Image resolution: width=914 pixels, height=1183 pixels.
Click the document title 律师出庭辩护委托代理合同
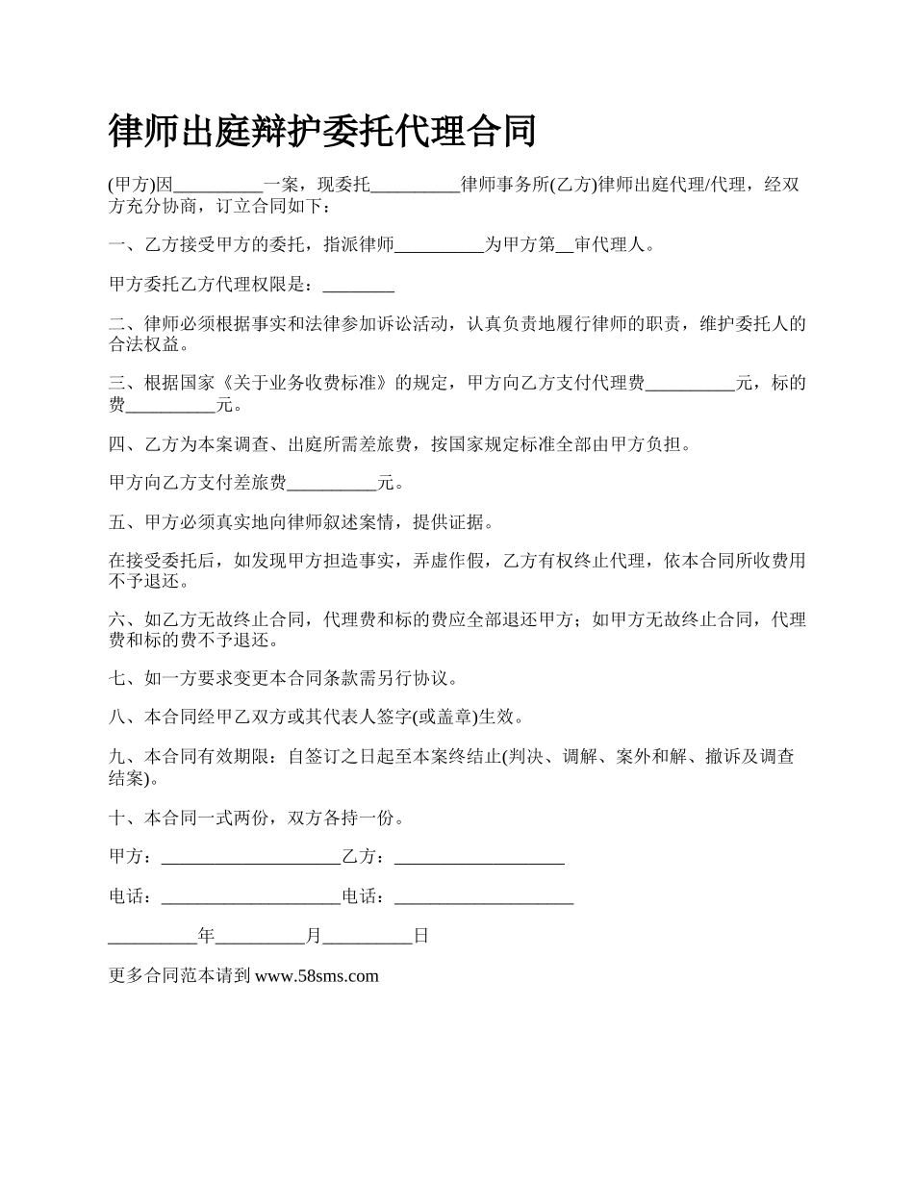point(322,131)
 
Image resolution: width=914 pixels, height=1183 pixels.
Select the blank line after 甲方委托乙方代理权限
point(359,287)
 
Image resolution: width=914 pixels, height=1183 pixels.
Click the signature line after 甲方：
point(251,858)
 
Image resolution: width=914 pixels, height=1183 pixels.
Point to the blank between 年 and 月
point(261,937)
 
